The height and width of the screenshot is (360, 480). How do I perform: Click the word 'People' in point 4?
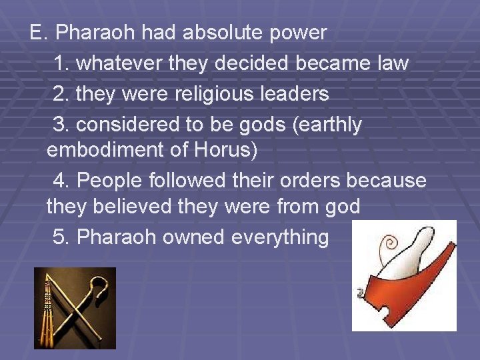click(x=108, y=181)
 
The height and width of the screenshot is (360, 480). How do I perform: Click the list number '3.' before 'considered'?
click(x=61, y=125)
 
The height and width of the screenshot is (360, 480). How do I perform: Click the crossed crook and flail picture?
click(x=75, y=308)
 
